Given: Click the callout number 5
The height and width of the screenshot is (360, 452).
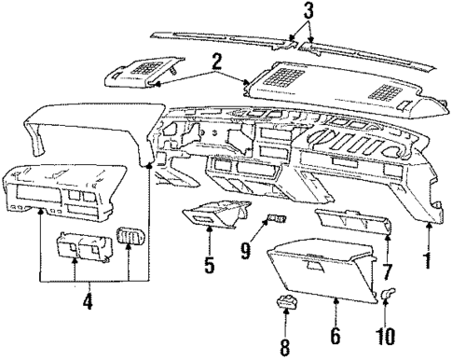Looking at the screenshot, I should (210, 265).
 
